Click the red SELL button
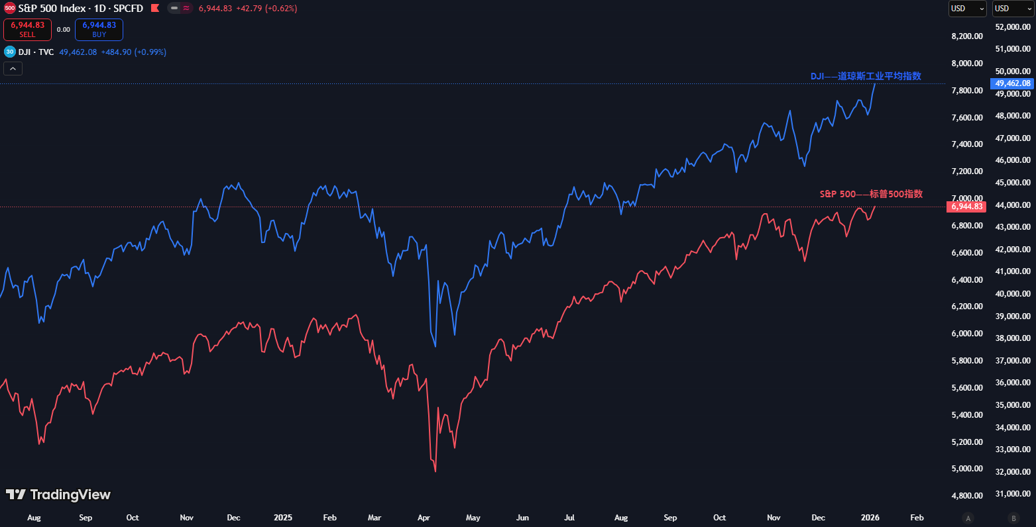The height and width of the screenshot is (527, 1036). point(27,30)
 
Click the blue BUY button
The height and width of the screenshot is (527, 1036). point(99,30)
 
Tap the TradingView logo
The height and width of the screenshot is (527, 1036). point(58,495)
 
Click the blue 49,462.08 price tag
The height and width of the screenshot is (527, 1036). point(1013,83)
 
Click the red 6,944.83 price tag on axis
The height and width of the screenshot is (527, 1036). point(967,207)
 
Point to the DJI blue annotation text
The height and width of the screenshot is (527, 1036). point(866,76)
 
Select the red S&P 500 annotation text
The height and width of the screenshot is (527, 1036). point(871,194)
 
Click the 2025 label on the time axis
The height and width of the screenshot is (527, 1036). point(283,518)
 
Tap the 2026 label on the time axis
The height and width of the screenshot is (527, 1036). point(870,518)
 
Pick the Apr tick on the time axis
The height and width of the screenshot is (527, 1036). point(424,518)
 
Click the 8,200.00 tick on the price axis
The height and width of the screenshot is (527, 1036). point(967,36)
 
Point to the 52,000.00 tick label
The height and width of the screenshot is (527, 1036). point(1013,27)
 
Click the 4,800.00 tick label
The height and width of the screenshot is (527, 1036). point(967,496)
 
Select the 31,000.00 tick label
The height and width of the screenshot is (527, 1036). point(1013,494)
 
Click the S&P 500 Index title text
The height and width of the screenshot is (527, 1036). point(81,9)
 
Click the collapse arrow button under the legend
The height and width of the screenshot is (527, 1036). point(13,68)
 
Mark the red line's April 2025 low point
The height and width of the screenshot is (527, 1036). point(435,471)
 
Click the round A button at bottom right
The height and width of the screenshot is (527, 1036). point(968,518)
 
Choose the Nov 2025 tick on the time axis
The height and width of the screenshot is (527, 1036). point(774,518)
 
